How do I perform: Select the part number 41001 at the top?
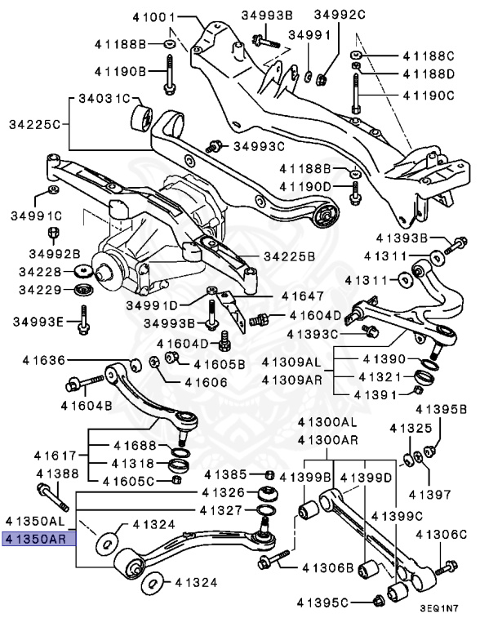[155, 16]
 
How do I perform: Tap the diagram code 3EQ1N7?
[445, 608]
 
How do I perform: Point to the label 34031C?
[104, 100]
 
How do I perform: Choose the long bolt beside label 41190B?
[169, 73]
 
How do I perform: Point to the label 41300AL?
[327, 423]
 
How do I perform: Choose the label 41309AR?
[292, 380]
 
